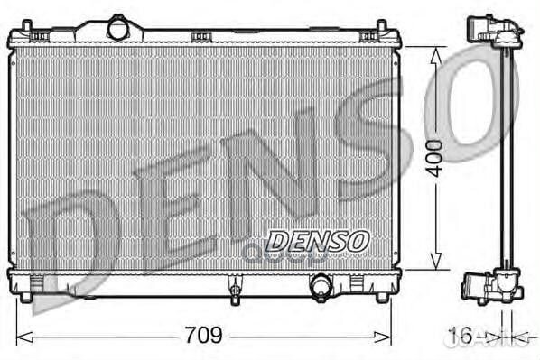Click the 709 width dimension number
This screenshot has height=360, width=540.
click(204, 335)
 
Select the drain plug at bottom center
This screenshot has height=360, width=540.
click(235, 291)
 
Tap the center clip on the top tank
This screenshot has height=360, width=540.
click(201, 37)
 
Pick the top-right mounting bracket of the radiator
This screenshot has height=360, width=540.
click(368, 36)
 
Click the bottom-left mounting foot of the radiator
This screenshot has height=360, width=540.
click(28, 293)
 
